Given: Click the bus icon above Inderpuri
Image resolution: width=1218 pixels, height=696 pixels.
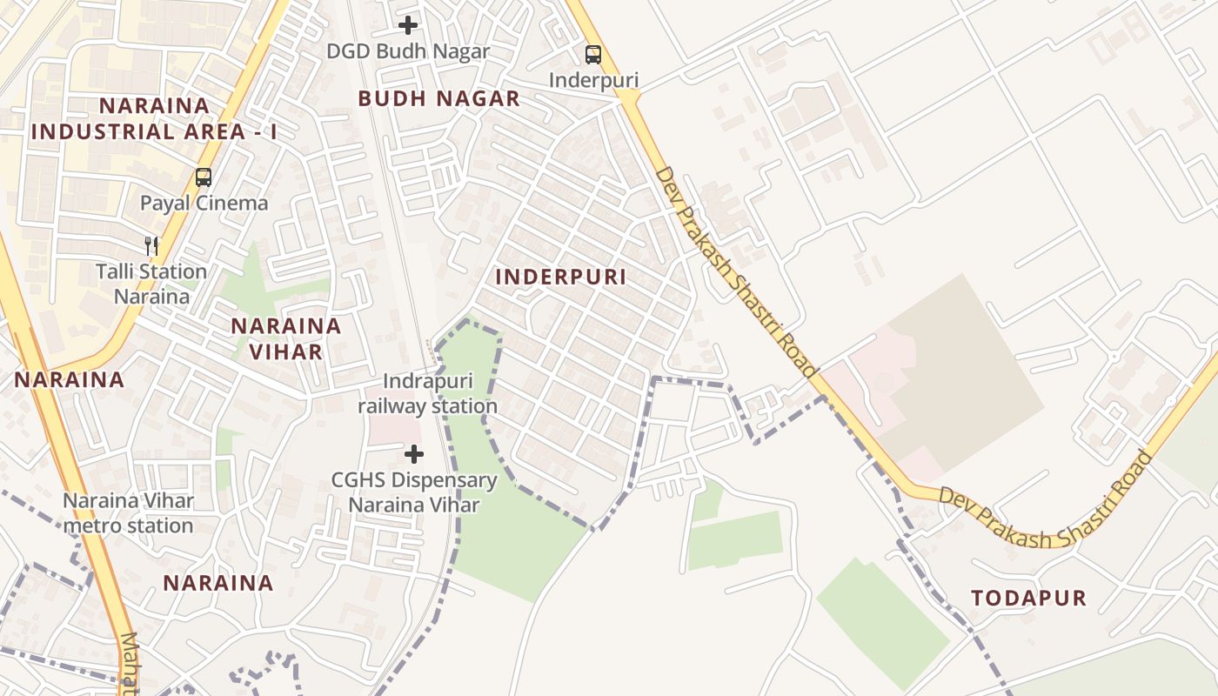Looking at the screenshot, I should point(593,55).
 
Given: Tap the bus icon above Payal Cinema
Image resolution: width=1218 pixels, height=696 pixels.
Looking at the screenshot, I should point(204,177).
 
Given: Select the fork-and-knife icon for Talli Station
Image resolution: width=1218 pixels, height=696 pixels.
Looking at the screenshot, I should point(152,246).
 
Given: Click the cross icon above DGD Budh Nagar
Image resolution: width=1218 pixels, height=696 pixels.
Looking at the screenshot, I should point(408,25).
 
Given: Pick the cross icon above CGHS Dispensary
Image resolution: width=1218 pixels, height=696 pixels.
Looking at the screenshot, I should point(414,454).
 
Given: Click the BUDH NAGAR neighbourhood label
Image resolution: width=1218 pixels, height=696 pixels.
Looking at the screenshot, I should point(439,98).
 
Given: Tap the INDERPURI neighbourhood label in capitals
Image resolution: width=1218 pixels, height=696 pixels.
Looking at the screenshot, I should point(561,277).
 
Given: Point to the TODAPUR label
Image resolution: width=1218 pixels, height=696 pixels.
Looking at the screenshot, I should point(1029,598).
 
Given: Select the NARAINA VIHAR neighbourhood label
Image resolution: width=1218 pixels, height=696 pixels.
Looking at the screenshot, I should point(286,338).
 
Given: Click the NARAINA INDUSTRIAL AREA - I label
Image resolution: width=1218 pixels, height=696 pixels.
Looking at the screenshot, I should point(154,119).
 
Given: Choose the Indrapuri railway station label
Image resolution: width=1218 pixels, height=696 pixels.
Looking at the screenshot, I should point(428,394).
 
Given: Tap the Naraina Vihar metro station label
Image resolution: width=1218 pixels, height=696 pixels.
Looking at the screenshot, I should point(128,513).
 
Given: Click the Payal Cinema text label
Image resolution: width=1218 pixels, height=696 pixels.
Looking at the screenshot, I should point(204,204).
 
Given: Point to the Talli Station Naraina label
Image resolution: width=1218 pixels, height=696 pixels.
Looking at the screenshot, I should point(151,284).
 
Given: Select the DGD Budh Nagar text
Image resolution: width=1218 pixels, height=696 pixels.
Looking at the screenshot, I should point(408,51).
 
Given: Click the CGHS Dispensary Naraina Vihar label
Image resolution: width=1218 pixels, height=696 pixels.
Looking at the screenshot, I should point(414,492).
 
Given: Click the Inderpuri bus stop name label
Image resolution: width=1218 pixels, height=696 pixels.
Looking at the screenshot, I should point(593,80).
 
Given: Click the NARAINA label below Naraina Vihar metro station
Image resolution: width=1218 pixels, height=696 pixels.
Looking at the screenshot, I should point(218,582).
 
